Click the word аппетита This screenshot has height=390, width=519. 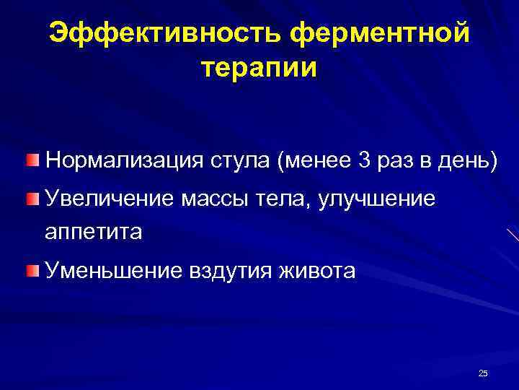coord(94,232)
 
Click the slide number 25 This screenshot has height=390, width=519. coord(483,373)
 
